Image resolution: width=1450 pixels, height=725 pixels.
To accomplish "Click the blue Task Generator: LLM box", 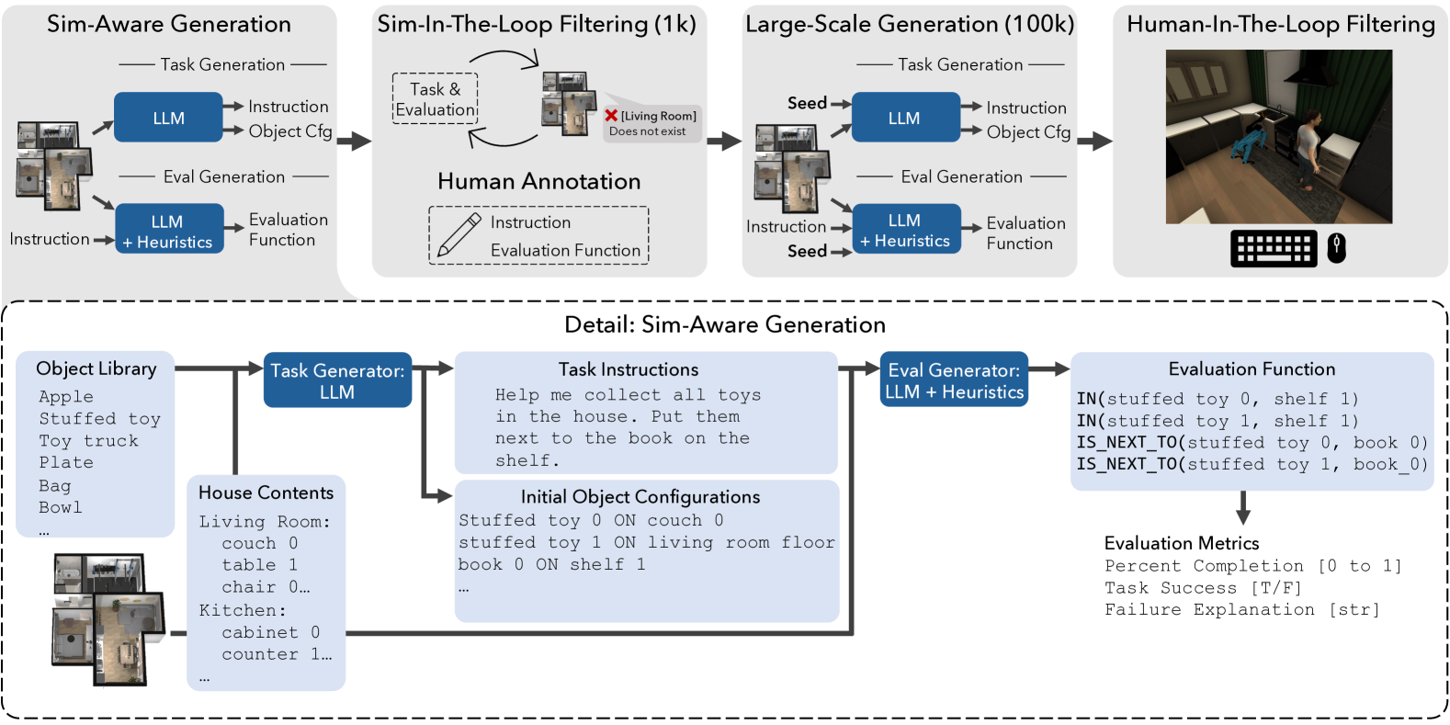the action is pyautogui.click(x=337, y=380).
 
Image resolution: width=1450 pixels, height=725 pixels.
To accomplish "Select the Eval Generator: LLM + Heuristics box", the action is pyautogui.click(x=954, y=379).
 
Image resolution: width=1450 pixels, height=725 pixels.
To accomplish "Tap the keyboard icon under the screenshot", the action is pyautogui.click(x=1274, y=248).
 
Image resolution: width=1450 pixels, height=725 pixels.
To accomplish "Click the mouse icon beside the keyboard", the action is pyautogui.click(x=1336, y=248).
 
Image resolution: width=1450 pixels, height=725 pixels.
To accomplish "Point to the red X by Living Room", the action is pyautogui.click(x=611, y=115).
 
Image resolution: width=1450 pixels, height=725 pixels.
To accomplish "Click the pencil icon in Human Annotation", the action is pyautogui.click(x=459, y=235).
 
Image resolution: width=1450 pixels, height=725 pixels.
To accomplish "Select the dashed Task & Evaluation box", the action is pyautogui.click(x=435, y=98).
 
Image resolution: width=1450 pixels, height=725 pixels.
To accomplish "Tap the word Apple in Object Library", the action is pyautogui.click(x=66, y=397).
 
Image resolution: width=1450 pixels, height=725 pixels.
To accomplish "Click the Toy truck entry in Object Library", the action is pyautogui.click(x=89, y=441).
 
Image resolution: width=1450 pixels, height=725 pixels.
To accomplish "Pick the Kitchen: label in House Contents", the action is pyautogui.click(x=243, y=610).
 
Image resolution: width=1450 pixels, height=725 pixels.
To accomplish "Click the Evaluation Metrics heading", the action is pyautogui.click(x=1182, y=543).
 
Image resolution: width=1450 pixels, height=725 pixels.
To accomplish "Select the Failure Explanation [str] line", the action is pyautogui.click(x=1242, y=610).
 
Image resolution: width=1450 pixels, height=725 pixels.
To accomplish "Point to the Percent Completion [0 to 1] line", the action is pyautogui.click(x=1253, y=566).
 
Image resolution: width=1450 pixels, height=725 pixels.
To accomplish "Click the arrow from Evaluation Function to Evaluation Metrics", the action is pyautogui.click(x=1243, y=507).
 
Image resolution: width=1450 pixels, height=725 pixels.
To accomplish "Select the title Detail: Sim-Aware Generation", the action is pyautogui.click(x=725, y=324).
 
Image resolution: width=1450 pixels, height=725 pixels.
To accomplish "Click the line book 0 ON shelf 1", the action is pyautogui.click(x=551, y=564).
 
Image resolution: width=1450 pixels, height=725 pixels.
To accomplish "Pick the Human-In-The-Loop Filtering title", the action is pyautogui.click(x=1280, y=25).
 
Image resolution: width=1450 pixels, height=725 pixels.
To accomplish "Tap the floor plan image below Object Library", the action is pyautogui.click(x=108, y=619).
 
